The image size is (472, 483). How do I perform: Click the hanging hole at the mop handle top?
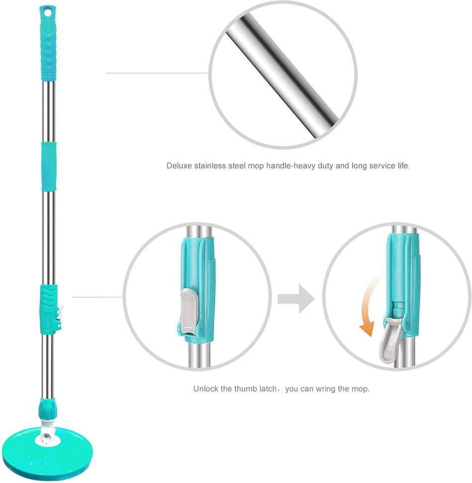pyautogui.click(x=47, y=12)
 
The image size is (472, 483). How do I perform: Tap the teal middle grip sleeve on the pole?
pyautogui.click(x=49, y=166)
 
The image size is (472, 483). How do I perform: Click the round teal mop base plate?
pyautogui.click(x=47, y=453)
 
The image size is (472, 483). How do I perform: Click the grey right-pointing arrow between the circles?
pyautogui.click(x=296, y=299)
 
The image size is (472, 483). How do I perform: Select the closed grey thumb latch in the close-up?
pyautogui.click(x=188, y=311)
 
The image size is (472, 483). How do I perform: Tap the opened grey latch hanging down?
pyautogui.click(x=390, y=341)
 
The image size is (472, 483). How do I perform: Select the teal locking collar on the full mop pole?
pyautogui.click(x=49, y=309)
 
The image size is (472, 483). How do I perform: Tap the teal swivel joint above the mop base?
pyautogui.click(x=47, y=408)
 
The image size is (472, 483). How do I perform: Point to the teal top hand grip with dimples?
pyautogui.click(x=48, y=43)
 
